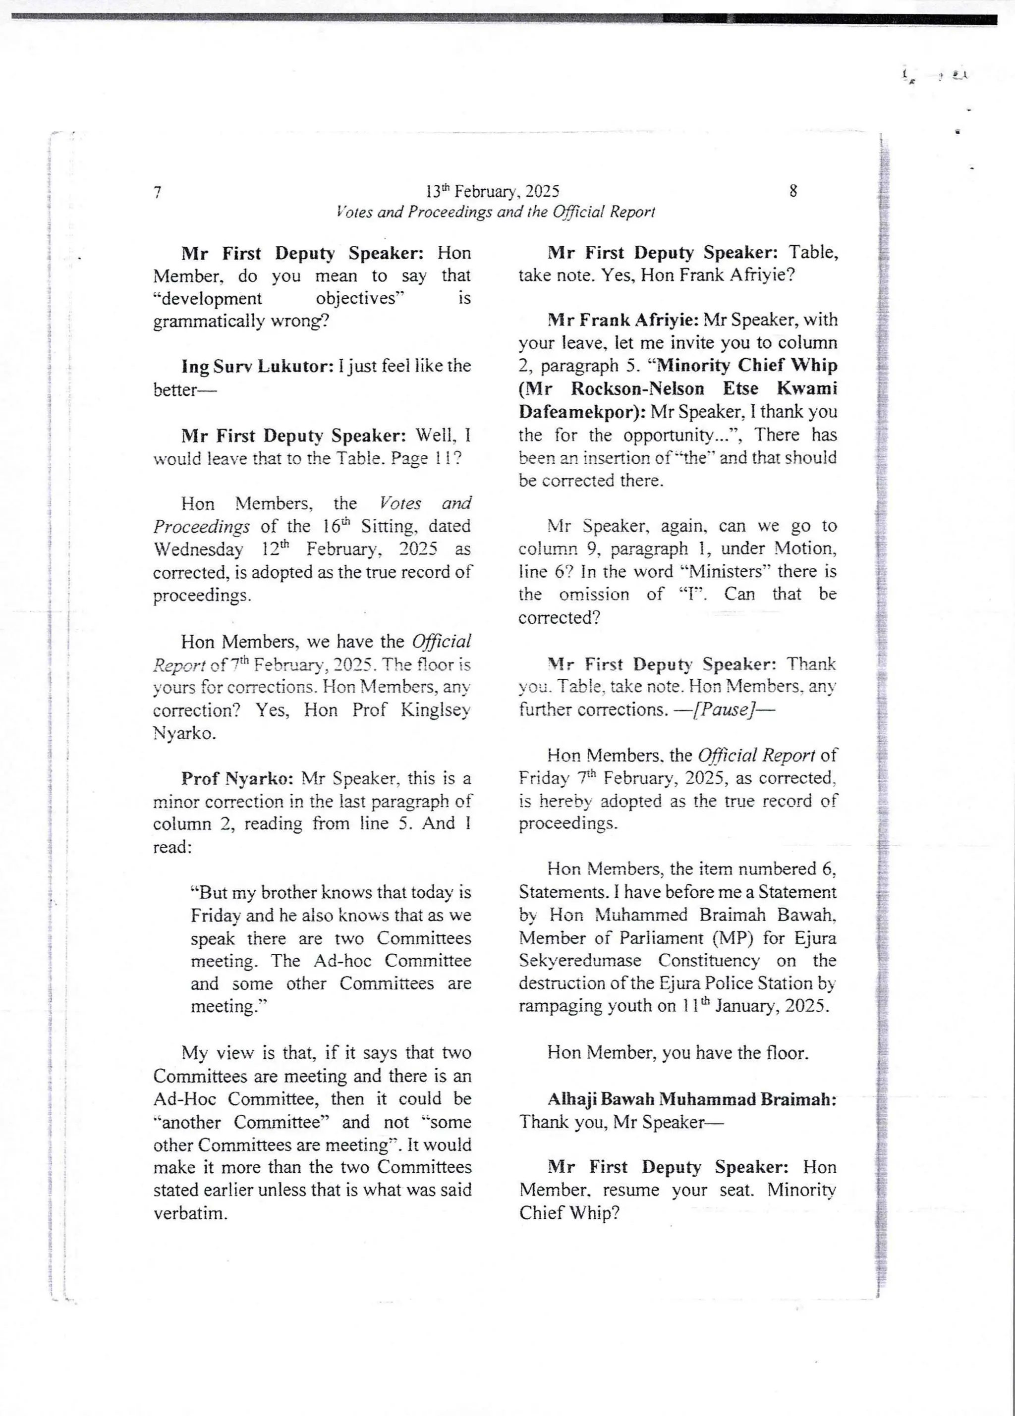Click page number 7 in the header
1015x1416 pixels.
(x=158, y=192)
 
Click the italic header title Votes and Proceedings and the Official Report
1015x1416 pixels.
(x=495, y=212)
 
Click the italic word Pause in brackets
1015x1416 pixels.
(x=722, y=710)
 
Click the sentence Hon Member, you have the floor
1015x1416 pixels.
(x=677, y=1053)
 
